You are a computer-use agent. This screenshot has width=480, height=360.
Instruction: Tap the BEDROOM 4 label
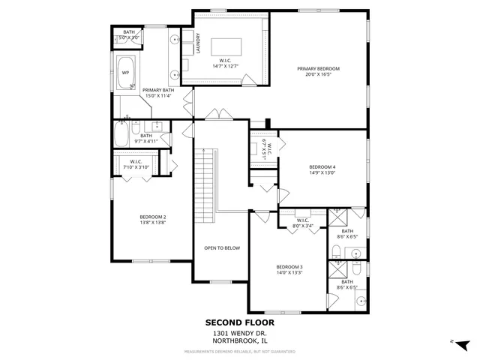322,166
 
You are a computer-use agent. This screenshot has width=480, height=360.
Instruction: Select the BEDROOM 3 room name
289,267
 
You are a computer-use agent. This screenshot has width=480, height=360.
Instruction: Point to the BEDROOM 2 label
153,217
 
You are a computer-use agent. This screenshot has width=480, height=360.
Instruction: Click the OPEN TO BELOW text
222,248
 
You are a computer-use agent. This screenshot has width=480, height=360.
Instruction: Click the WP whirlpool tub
126,73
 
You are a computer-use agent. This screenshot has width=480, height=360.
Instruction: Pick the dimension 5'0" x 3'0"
129,37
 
